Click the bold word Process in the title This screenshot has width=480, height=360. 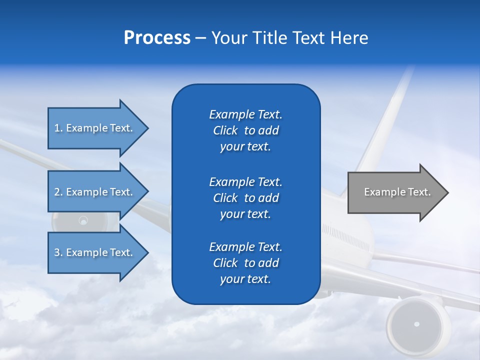point(157,38)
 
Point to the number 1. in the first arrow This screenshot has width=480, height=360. point(58,128)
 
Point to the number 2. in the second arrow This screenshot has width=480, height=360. point(58,192)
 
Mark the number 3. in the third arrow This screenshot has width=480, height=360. point(58,252)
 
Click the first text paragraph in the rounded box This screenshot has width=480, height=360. point(245,130)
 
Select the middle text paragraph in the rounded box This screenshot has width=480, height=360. point(245,197)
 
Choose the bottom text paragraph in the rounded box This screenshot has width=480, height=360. point(245,263)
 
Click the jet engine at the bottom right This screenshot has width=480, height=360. point(416,324)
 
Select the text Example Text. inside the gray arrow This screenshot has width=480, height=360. point(397,192)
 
